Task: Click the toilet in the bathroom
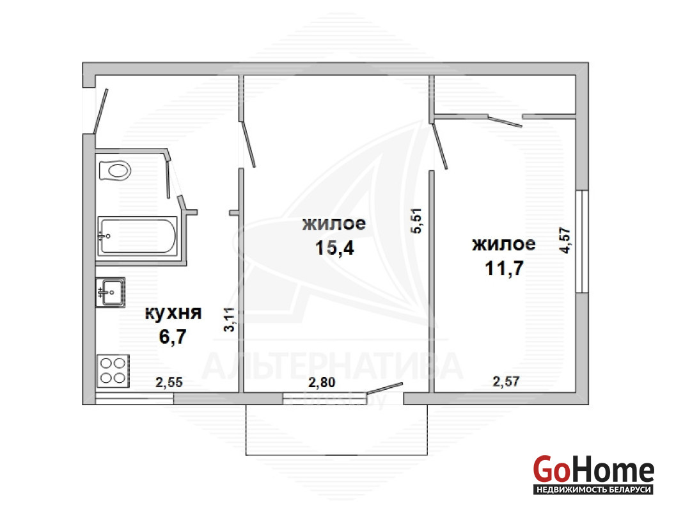click(x=115, y=170)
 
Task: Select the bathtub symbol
click(x=137, y=236)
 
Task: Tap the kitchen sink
click(x=111, y=292)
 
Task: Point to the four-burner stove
click(x=113, y=371)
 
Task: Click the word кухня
click(x=173, y=312)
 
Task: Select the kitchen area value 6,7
click(x=173, y=337)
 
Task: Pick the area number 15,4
click(x=334, y=248)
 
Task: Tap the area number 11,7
click(x=504, y=268)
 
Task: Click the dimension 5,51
click(x=417, y=221)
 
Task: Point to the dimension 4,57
click(x=565, y=240)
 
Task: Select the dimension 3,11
click(x=229, y=319)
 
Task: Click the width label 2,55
click(x=169, y=382)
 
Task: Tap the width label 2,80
click(x=322, y=382)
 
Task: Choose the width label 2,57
click(x=506, y=381)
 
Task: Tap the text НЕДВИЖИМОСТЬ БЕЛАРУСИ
click(x=593, y=490)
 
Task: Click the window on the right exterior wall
click(x=583, y=241)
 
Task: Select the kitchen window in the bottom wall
click(x=134, y=399)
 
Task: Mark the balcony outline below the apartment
click(x=336, y=455)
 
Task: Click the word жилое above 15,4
click(x=334, y=223)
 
